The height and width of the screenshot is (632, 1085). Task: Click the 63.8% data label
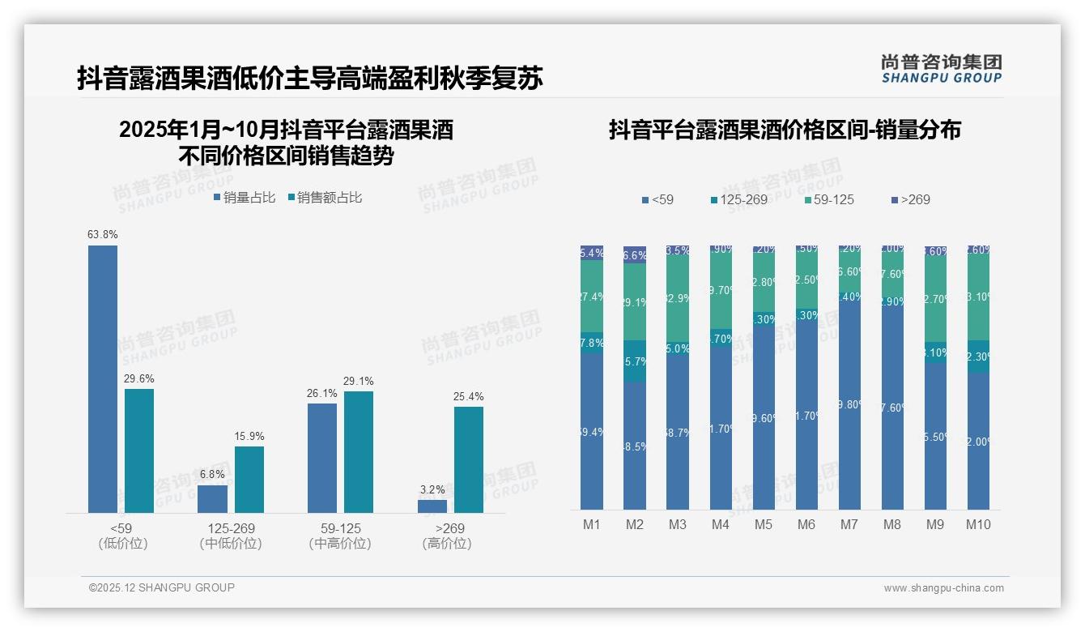click(103, 235)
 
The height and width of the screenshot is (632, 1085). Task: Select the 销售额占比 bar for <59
click(139, 451)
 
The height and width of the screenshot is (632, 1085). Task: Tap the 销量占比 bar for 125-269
click(212, 498)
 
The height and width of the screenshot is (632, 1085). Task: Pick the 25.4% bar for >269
click(469, 459)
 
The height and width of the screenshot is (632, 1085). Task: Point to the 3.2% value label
click(432, 489)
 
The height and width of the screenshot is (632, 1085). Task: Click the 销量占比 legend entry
click(245, 198)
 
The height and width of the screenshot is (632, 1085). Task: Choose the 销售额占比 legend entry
click(325, 198)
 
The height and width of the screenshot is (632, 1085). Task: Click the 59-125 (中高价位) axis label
click(340, 536)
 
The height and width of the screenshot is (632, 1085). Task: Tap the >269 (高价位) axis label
click(447, 536)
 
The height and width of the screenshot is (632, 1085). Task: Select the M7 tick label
click(849, 525)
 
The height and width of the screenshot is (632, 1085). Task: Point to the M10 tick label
click(978, 525)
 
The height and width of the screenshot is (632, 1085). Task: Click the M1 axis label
click(592, 525)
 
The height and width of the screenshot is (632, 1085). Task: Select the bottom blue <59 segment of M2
click(635, 446)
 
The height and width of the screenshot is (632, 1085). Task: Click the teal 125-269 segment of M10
click(978, 357)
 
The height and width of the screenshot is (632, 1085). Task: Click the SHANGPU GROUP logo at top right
click(941, 69)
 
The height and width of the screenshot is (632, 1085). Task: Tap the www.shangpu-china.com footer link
click(943, 588)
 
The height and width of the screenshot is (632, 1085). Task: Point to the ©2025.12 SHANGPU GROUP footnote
click(162, 587)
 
